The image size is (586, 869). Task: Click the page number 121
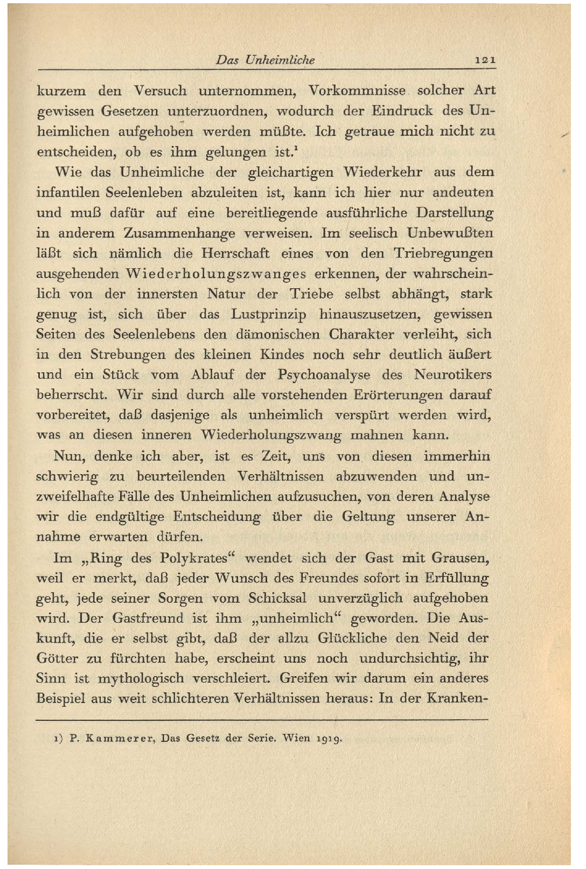coord(485,60)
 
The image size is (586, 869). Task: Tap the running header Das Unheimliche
coord(265,60)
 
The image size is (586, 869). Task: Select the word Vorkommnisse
coord(358,90)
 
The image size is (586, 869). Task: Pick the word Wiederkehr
coord(383,172)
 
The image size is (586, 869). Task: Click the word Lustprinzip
coord(261,314)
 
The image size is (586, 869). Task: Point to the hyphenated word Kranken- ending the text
coord(457,698)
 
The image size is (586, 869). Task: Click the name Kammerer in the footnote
coord(121,738)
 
